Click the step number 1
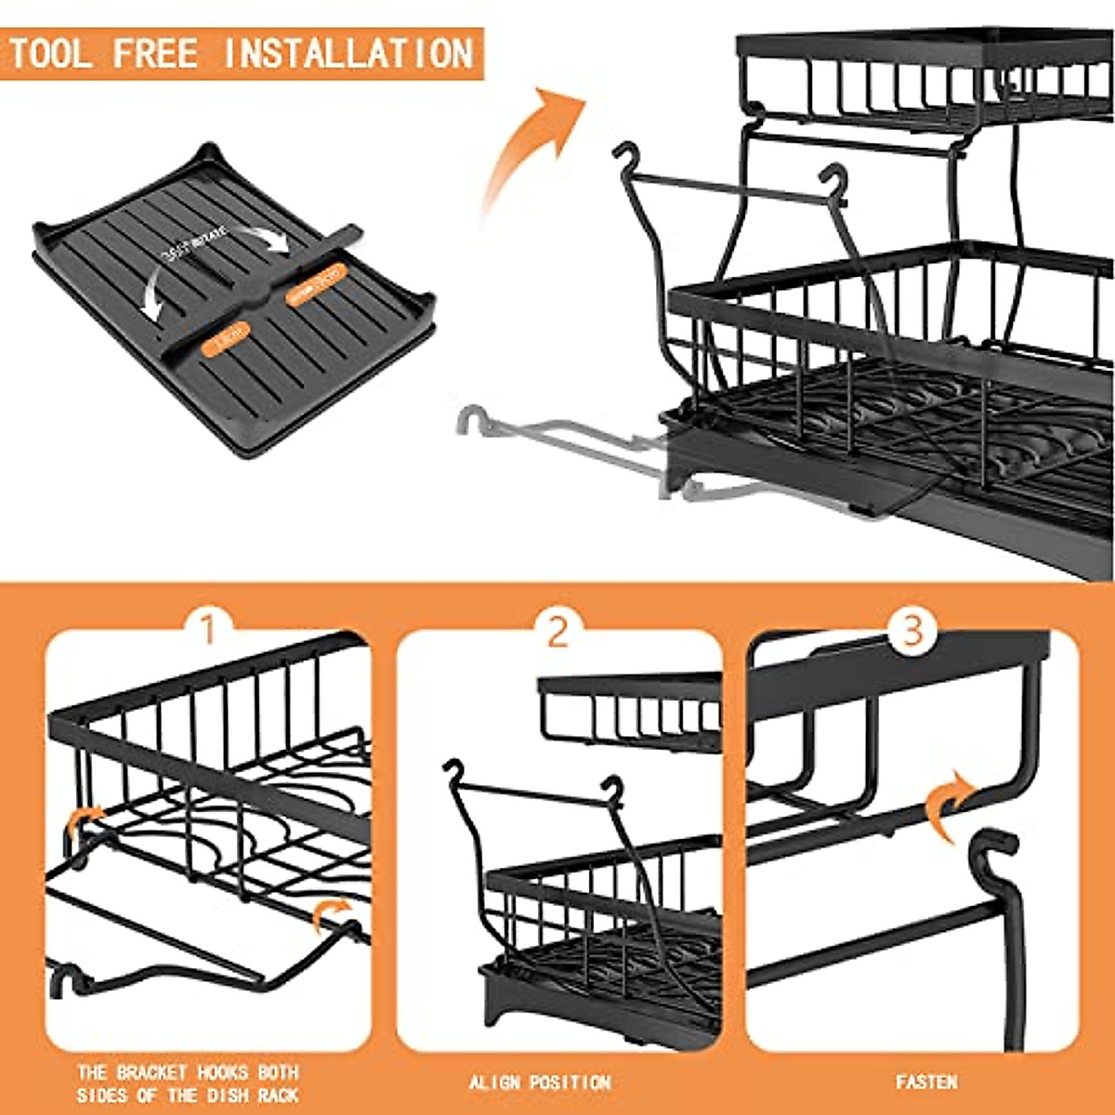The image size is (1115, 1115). click(208, 628)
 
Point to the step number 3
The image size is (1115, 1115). click(912, 629)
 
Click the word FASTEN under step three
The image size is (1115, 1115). click(926, 1082)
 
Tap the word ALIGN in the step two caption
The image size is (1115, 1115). click(495, 1082)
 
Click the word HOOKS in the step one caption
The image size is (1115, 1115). click(222, 1071)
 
